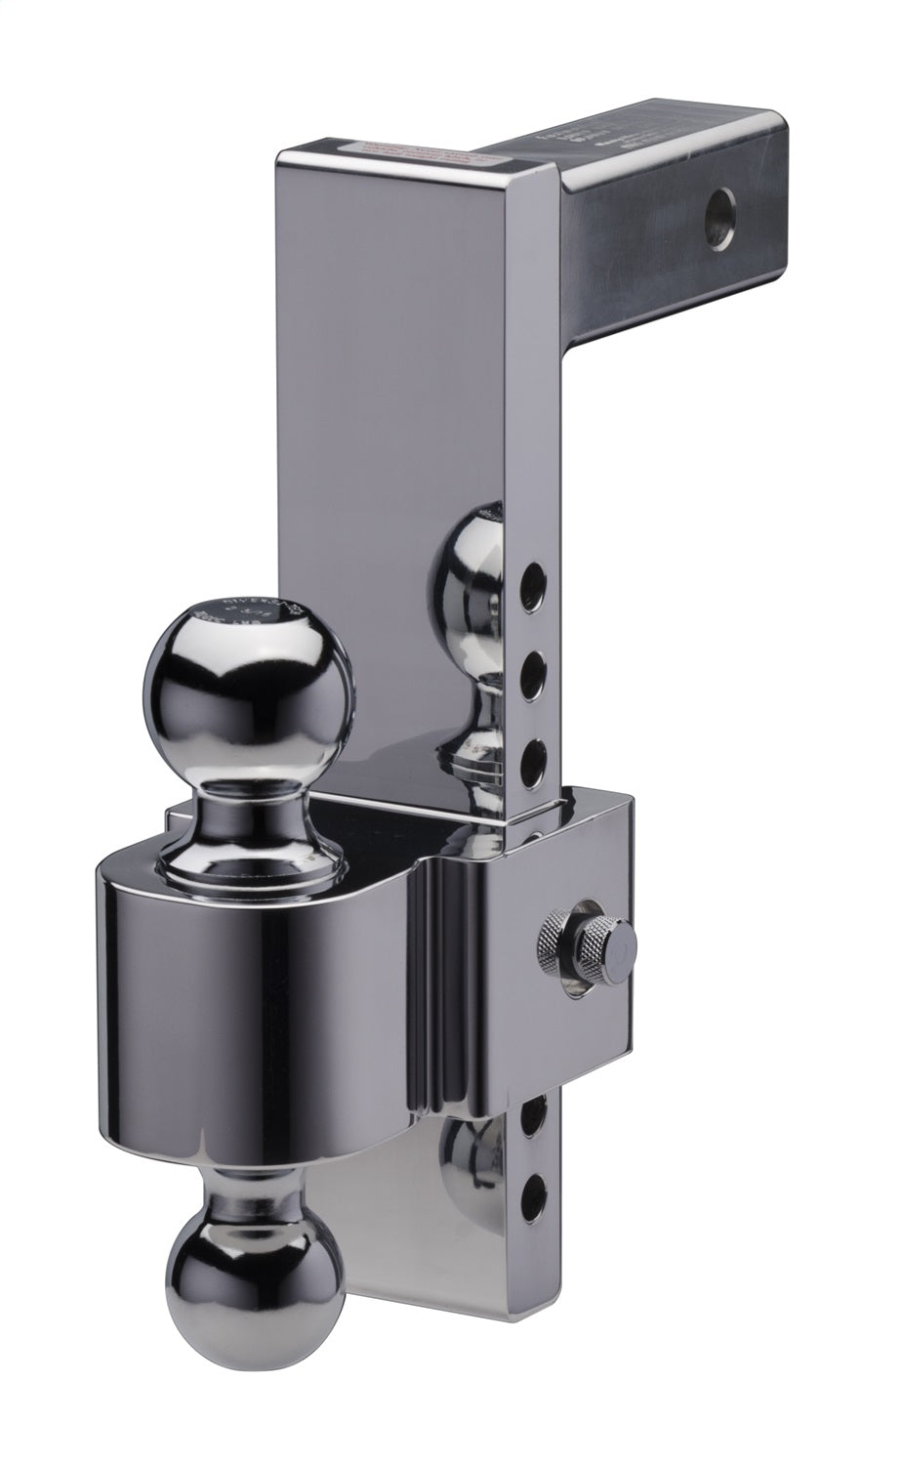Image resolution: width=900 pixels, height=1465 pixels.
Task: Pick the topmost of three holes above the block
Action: click(x=533, y=585)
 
